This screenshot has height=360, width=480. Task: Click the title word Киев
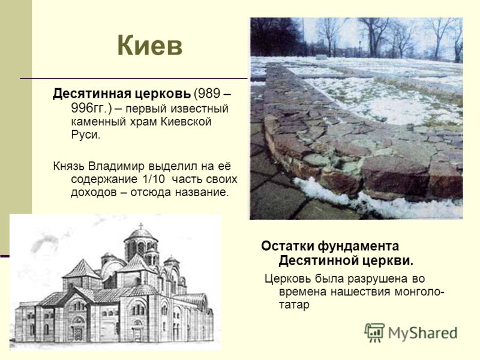coord(149,46)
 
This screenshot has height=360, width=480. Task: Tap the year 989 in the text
coord(209,94)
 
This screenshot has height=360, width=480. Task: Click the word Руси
coord(86,134)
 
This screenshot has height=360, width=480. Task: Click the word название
coord(202,192)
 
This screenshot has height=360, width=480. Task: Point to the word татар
coord(294,305)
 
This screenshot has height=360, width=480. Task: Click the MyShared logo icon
coord(374,332)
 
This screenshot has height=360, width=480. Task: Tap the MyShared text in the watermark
coord(423,333)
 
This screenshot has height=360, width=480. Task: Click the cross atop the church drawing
coord(141,226)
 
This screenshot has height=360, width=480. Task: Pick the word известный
coord(199,109)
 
